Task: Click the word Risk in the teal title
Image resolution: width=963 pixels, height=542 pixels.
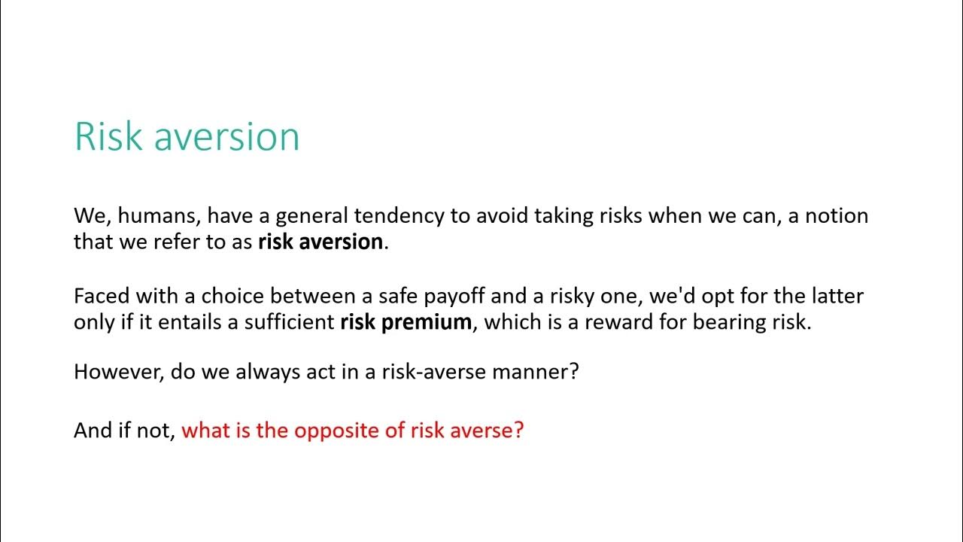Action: [108, 136]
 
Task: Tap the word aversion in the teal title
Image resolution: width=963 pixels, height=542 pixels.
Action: [226, 137]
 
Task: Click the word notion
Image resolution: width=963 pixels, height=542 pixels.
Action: [837, 216]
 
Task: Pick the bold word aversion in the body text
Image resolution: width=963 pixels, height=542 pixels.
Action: [341, 242]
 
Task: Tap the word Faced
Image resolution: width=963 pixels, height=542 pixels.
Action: [102, 297]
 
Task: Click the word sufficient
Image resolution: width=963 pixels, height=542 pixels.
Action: [290, 322]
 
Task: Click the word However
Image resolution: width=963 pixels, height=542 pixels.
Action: [119, 372]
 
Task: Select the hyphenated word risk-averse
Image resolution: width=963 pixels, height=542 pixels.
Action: [434, 372]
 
